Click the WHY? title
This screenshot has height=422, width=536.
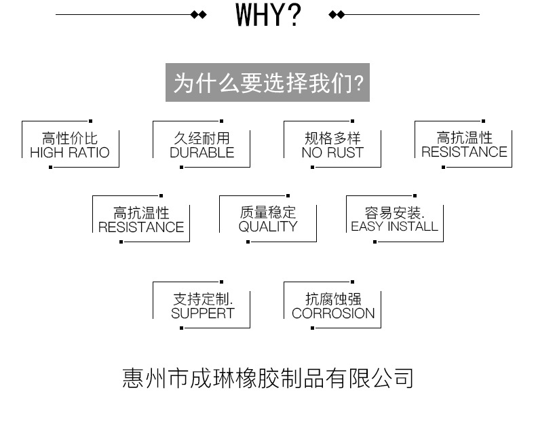pyautogui.click(x=268, y=14)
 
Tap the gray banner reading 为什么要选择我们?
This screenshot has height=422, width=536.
pyautogui.click(x=268, y=83)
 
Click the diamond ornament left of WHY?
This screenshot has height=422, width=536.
pyautogui.click(x=198, y=14)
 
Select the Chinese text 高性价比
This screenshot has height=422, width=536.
pyautogui.click(x=70, y=138)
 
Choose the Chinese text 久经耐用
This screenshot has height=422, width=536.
pyautogui.click(x=202, y=138)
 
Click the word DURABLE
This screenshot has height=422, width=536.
pyautogui.click(x=202, y=153)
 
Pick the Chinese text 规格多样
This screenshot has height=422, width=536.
pyautogui.click(x=332, y=138)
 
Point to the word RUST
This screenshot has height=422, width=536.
pyautogui.click(x=346, y=153)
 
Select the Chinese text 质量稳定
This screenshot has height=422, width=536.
pyautogui.click(x=268, y=212)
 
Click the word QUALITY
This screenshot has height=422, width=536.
pyautogui.click(x=268, y=227)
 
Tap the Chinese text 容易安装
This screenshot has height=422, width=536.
pyautogui.click(x=394, y=212)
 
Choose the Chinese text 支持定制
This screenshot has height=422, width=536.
pyautogui.click(x=203, y=299)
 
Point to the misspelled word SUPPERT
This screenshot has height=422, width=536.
pyautogui.click(x=202, y=313)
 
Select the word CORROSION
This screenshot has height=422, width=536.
pyautogui.click(x=332, y=313)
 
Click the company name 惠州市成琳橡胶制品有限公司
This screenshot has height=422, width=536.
pyautogui.click(x=268, y=377)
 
